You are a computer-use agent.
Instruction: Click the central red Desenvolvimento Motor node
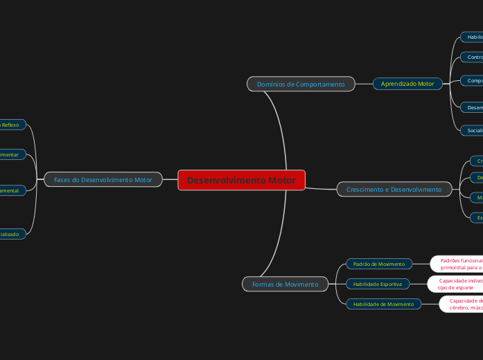[241, 181]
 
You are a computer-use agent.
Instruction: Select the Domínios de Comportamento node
[301, 84]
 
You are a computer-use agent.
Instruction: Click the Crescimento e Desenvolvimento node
[394, 189]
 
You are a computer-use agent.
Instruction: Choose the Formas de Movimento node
[285, 284]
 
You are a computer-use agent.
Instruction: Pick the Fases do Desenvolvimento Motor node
[103, 180]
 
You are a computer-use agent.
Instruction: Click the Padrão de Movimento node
[379, 264]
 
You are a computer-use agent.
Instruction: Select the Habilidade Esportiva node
[378, 284]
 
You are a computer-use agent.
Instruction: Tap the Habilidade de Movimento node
[383, 304]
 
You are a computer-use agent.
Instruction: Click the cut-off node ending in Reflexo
[12, 125]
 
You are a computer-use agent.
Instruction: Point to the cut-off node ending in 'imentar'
[12, 154]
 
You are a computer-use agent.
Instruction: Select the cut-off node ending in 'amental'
[12, 190]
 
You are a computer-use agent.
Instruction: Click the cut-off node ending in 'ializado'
[12, 234]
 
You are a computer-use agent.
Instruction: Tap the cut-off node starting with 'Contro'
[473, 57]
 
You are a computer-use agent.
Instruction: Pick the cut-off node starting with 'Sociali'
[473, 129]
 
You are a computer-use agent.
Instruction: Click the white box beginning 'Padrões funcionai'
[458, 264]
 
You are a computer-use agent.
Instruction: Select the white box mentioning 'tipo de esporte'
[456, 284]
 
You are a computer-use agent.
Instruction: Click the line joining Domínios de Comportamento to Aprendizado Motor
[364, 84]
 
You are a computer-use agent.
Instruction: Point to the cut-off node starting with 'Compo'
[473, 80]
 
